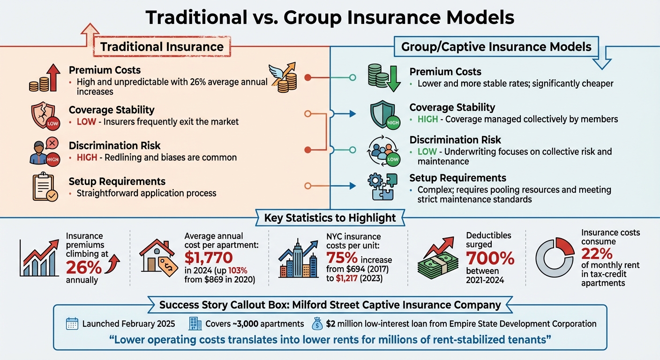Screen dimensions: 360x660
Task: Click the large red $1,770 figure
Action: [x=208, y=258]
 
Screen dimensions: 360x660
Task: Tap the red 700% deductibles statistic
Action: [x=490, y=258]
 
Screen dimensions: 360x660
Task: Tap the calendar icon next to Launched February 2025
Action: [x=72, y=324]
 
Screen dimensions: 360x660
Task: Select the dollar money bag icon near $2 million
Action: [x=317, y=323]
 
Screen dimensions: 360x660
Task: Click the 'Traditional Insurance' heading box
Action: [x=162, y=47]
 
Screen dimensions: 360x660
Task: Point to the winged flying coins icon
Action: [x=284, y=77]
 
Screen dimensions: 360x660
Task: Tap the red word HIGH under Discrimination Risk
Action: [x=87, y=157]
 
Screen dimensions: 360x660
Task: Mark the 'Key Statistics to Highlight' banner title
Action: [x=330, y=218]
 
